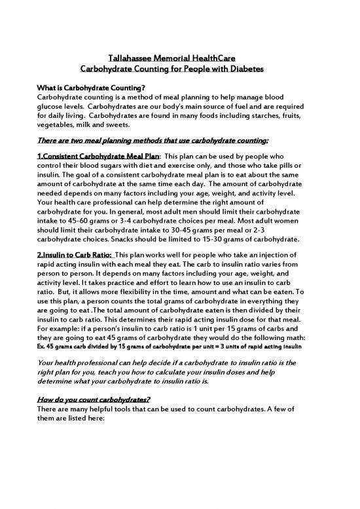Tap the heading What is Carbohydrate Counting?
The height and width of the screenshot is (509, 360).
click(x=90, y=87)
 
